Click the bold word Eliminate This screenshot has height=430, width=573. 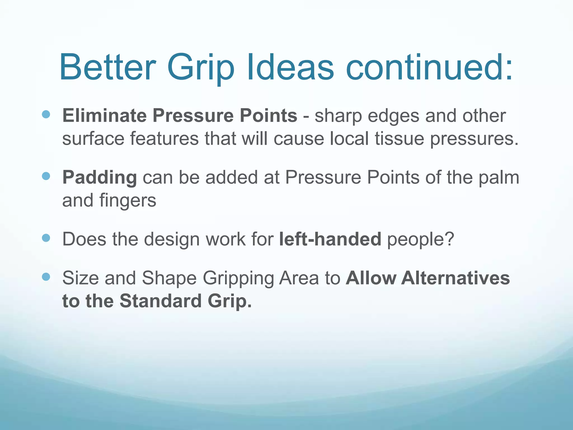(x=104, y=115)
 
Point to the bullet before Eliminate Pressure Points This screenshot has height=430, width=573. (x=46, y=114)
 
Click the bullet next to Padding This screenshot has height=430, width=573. (x=46, y=176)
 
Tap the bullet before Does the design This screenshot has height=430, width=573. (x=46, y=238)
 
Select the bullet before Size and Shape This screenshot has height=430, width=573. (x=46, y=277)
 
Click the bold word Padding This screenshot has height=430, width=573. (x=100, y=177)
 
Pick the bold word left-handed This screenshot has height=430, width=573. (x=330, y=239)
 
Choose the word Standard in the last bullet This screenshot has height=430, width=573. (x=161, y=301)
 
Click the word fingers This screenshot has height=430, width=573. (x=128, y=201)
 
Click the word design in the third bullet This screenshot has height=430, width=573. (x=172, y=240)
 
